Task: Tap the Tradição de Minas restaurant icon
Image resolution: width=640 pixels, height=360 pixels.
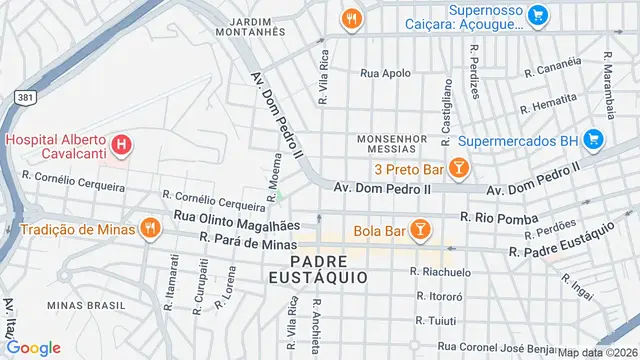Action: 150,228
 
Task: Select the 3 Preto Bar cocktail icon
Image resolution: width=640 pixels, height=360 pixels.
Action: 459,168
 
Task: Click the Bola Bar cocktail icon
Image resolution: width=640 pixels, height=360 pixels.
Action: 421,232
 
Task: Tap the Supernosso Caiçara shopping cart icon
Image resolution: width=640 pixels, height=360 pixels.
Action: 538,14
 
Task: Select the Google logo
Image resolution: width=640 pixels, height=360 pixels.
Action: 33,347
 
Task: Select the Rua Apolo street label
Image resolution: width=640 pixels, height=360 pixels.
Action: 385,73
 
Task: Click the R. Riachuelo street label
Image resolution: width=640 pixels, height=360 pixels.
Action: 440,271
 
